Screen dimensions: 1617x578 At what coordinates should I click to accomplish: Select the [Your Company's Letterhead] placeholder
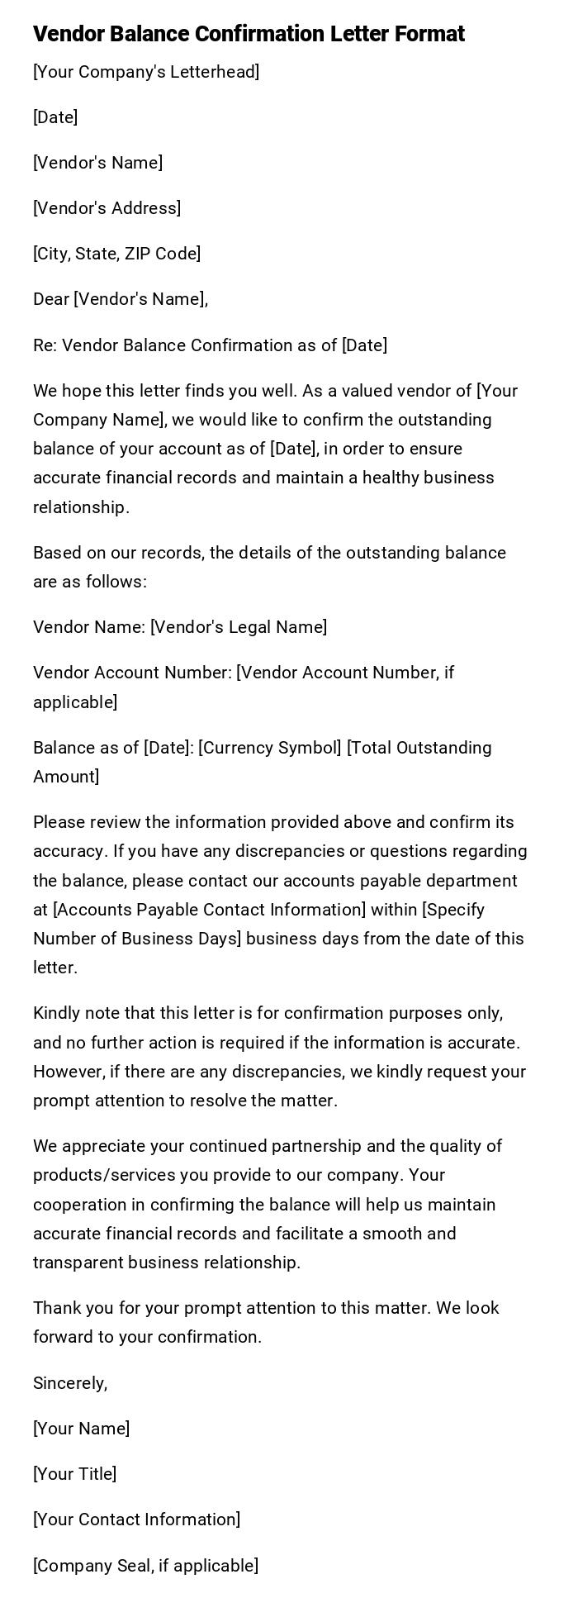click(x=146, y=72)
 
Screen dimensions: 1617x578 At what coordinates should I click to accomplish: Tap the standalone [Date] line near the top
click(x=55, y=117)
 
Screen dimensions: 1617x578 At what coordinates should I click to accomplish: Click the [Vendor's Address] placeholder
click(x=107, y=208)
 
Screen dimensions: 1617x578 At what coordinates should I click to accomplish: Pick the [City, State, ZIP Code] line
click(x=116, y=254)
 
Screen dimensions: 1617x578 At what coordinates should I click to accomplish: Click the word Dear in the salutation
click(x=50, y=299)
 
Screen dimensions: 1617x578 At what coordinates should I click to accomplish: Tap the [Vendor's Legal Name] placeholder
click(x=239, y=627)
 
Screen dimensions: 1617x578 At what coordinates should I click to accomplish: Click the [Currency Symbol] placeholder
click(x=270, y=748)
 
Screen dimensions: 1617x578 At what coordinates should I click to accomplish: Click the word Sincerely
click(x=70, y=1383)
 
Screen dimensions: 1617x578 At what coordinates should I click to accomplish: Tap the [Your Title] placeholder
click(x=74, y=1474)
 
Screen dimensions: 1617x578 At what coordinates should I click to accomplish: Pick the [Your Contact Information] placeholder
click(x=136, y=1520)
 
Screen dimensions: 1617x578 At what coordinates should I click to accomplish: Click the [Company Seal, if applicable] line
click(x=145, y=1566)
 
